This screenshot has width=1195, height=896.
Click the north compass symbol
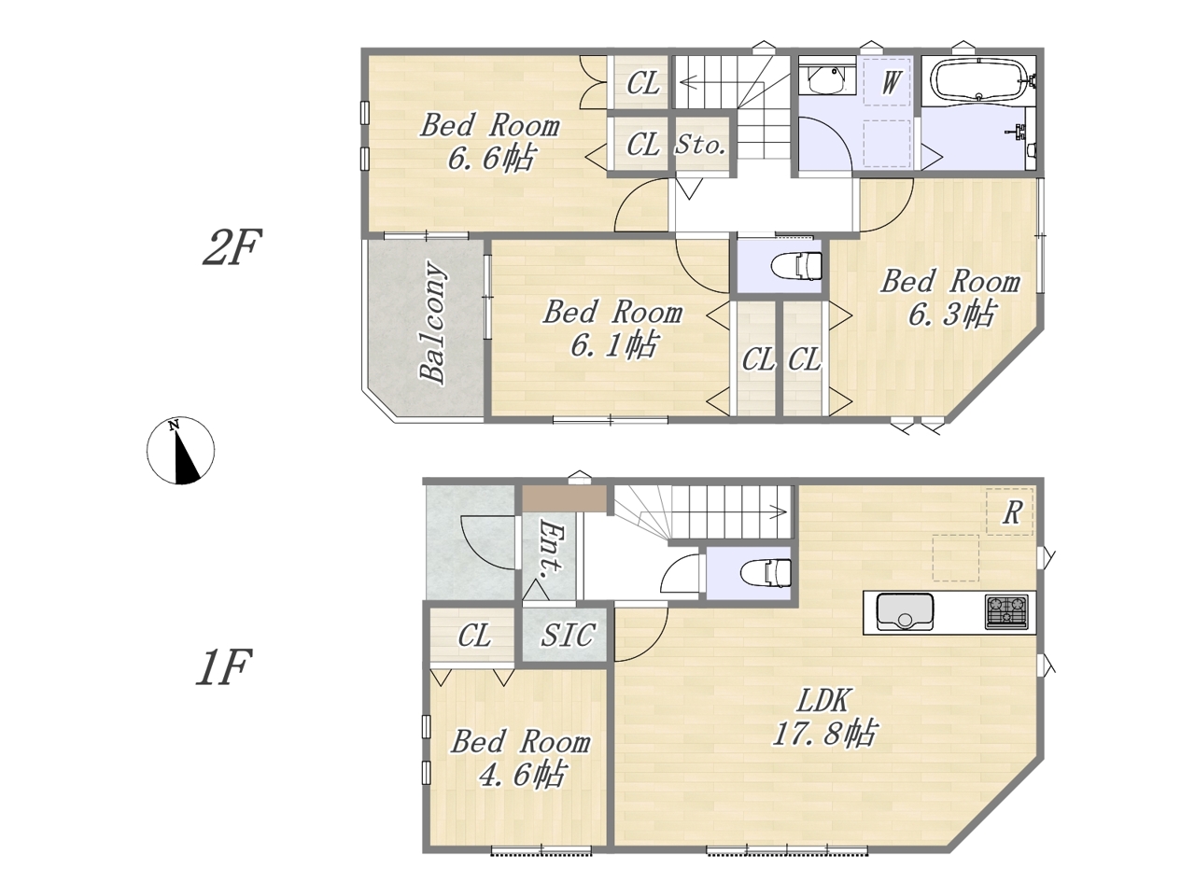pyautogui.click(x=180, y=451)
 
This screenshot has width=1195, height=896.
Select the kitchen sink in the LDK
pyautogui.click(x=905, y=611)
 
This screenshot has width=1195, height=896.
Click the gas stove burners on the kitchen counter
pyautogui.click(x=1006, y=611)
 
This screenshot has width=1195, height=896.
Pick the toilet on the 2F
pyautogui.click(x=797, y=266)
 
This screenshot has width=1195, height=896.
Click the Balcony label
pyautogui.click(x=434, y=324)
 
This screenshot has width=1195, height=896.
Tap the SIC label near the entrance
pyautogui.click(x=567, y=635)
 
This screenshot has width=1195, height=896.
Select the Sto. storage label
pyautogui.click(x=701, y=146)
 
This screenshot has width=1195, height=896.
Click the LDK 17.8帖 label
pyautogui.click(x=823, y=717)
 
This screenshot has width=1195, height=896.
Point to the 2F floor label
pyautogui.click(x=232, y=246)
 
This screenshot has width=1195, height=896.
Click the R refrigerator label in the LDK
pyautogui.click(x=1011, y=512)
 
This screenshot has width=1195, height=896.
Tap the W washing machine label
pyautogui.click(x=889, y=83)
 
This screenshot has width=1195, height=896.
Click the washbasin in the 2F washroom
pyautogui.click(x=824, y=80)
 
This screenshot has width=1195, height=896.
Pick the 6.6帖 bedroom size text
pyautogui.click(x=490, y=158)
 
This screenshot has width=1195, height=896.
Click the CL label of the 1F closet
pyautogui.click(x=473, y=635)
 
